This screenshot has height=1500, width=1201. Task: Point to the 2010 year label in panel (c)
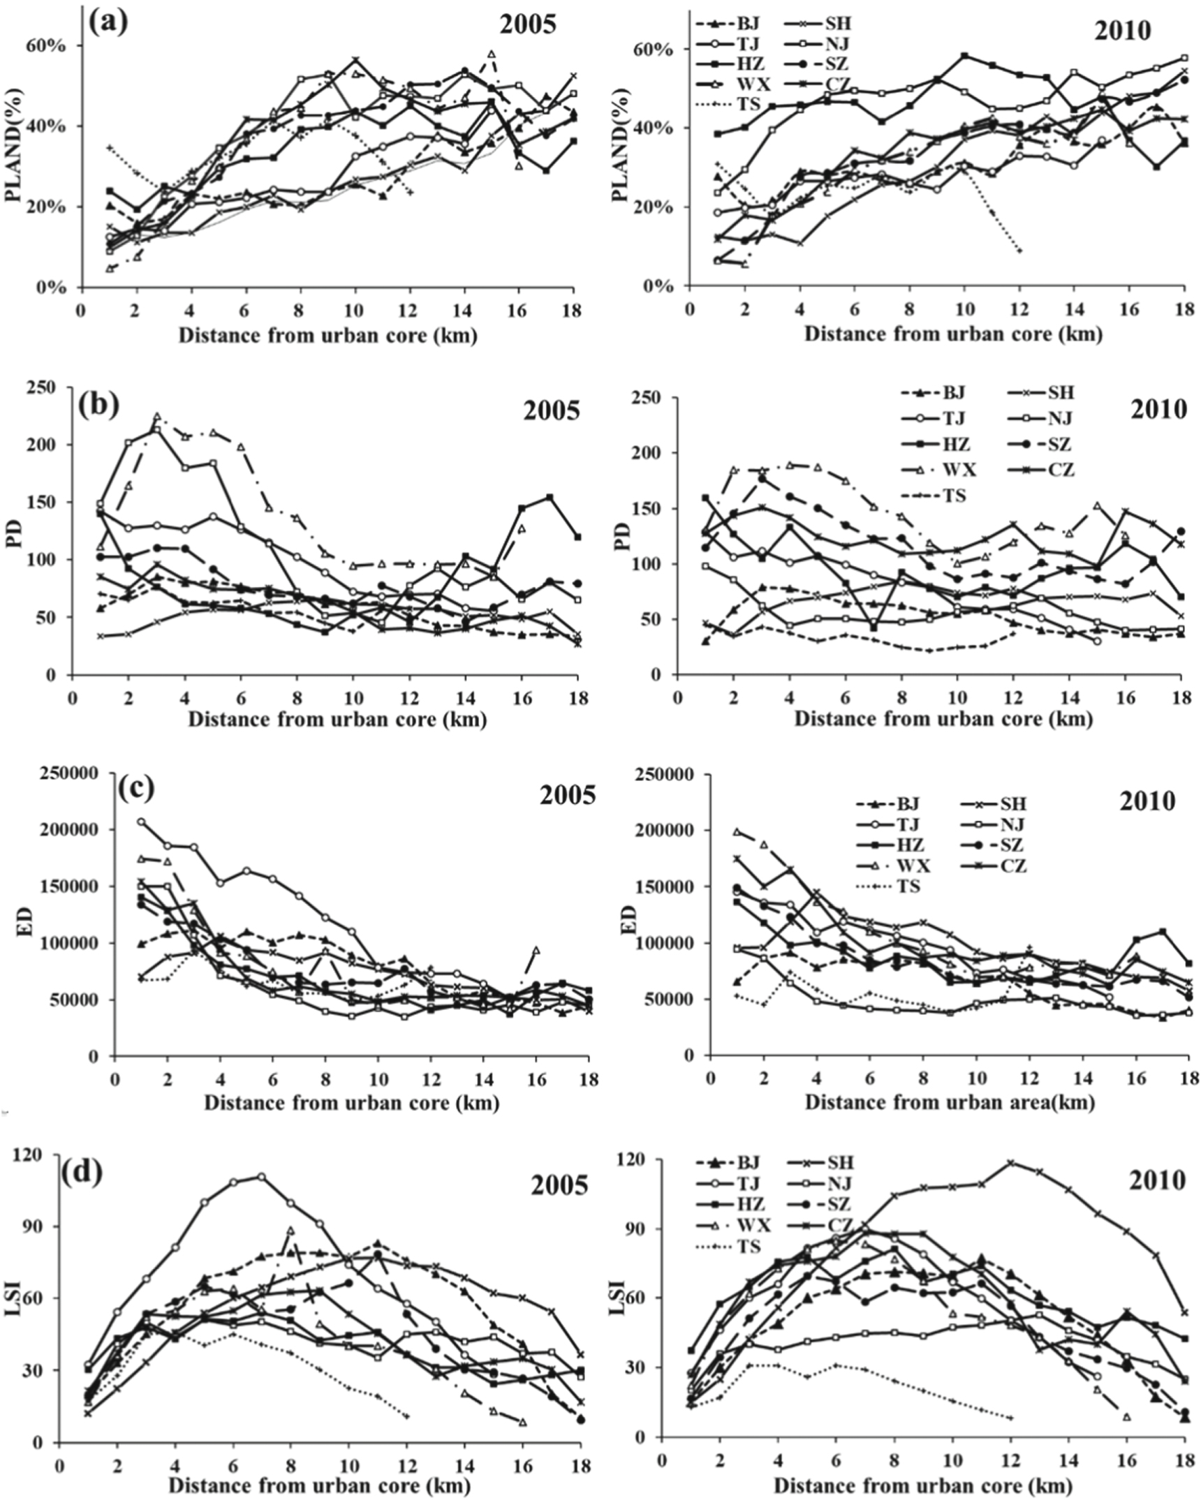click(1147, 801)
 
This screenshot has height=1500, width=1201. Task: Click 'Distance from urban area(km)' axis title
click(950, 1102)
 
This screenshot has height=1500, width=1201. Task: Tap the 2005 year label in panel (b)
click(551, 410)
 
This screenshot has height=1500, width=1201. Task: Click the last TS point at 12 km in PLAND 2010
click(1020, 250)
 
